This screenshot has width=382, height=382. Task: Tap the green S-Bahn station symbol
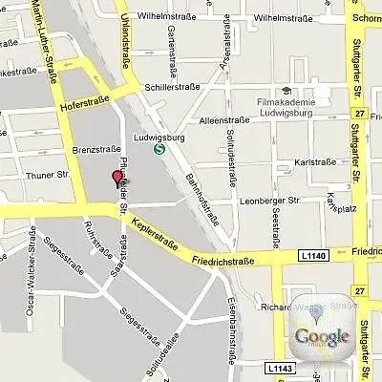point(159,147)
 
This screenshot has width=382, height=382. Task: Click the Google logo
point(322,335)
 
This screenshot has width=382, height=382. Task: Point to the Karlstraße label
point(316,163)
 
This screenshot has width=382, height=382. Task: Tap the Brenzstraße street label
point(95,151)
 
